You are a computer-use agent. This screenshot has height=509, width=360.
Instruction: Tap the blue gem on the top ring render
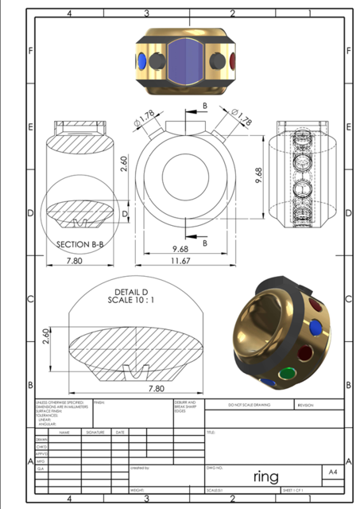pyautogui.click(x=141, y=61)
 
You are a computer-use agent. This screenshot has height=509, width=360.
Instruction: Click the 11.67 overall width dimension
pyautogui.click(x=184, y=261)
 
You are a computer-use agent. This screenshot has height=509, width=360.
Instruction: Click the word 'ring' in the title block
pyautogui.click(x=265, y=476)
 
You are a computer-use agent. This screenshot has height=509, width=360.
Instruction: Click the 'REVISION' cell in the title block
pyautogui.click(x=306, y=405)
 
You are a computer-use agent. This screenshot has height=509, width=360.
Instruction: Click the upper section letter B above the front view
pyautogui.click(x=205, y=105)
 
